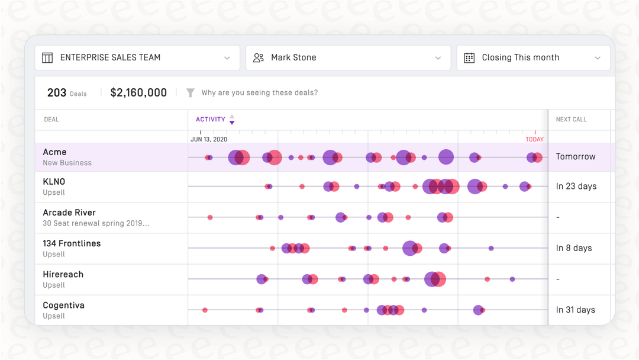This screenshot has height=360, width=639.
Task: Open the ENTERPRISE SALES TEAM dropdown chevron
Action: click(227, 58)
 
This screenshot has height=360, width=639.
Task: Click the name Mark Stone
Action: click(293, 57)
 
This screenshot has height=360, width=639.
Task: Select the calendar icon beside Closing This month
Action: click(469, 57)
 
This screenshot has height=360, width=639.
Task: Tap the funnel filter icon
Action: click(191, 93)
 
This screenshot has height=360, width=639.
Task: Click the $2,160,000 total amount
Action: click(138, 92)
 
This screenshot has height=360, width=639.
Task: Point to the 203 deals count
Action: click(57, 92)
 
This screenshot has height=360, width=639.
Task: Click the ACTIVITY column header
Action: click(211, 120)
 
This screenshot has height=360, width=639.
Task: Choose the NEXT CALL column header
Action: click(571, 120)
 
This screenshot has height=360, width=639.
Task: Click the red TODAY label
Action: click(534, 139)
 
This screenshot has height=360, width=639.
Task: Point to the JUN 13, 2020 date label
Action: click(209, 140)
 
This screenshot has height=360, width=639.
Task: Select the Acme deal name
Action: click(54, 152)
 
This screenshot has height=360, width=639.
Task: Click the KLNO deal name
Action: click(54, 182)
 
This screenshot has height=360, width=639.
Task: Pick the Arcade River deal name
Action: click(69, 213)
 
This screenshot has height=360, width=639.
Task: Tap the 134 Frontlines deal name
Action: click(72, 243)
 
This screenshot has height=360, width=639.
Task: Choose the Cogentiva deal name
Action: click(63, 306)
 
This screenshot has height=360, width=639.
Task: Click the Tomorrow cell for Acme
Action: click(576, 157)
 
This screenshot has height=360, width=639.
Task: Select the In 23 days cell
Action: click(576, 187)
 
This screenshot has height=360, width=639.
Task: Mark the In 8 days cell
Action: click(574, 248)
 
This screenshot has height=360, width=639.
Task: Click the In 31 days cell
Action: click(576, 310)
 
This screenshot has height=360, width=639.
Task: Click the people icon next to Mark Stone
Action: click(259, 57)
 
